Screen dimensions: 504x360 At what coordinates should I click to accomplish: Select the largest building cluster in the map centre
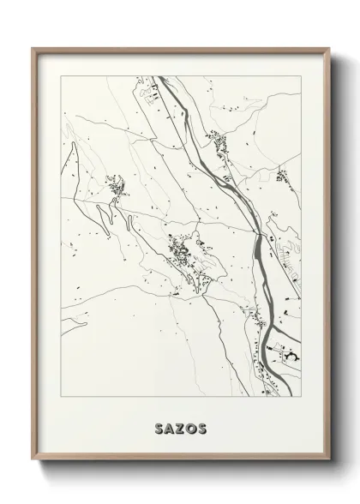tap(183, 254)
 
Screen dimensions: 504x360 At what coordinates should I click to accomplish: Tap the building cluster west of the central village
tap(113, 183)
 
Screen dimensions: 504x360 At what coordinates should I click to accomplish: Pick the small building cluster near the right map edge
tap(282, 176)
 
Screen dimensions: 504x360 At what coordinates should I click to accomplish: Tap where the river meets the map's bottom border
tap(255, 396)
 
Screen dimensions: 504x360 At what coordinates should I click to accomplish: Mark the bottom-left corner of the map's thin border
tap(61, 396)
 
